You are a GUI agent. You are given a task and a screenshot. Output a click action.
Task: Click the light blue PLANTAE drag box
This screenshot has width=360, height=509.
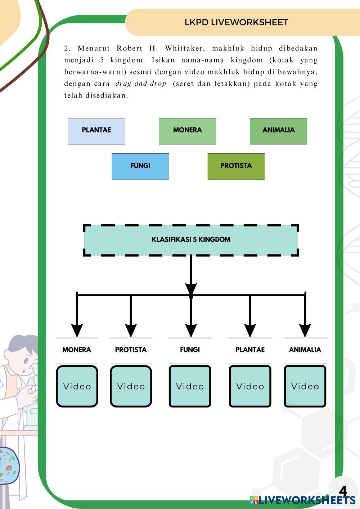[x=96, y=130]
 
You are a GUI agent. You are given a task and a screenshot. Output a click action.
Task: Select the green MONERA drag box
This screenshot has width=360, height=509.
[x=187, y=130]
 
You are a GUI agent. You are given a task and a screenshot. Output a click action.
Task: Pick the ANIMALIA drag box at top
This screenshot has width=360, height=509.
[x=278, y=130]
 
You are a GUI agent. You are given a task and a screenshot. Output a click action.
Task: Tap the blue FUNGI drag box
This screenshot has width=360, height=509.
[x=140, y=166]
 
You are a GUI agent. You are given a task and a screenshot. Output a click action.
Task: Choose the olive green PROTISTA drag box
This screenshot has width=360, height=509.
[x=236, y=166]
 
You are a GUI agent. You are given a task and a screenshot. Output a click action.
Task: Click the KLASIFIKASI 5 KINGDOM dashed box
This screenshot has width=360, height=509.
[x=191, y=240]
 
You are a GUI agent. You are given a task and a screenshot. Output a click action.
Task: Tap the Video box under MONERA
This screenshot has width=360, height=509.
[x=77, y=386]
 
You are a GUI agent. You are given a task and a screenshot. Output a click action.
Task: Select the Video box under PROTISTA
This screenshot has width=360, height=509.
[x=131, y=386]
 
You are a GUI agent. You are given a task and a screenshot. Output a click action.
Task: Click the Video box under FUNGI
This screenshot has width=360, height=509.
[x=190, y=386]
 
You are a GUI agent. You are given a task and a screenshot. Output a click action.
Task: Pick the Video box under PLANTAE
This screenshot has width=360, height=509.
[x=250, y=386]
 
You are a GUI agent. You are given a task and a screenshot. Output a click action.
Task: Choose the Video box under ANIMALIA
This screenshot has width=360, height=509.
[x=305, y=386]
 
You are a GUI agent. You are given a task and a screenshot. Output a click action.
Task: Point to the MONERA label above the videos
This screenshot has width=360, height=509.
[x=77, y=350]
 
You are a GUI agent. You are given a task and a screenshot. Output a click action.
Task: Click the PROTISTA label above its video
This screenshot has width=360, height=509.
[x=131, y=350]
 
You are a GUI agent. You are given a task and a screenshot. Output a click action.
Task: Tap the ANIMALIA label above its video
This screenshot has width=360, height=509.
[x=305, y=350]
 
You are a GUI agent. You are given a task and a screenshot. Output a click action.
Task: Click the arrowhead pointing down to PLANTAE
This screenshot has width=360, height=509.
[x=250, y=330]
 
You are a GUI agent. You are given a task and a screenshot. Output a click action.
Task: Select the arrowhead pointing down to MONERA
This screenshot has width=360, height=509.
[x=77, y=330]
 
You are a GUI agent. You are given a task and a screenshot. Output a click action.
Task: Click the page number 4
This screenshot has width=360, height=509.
[x=343, y=491]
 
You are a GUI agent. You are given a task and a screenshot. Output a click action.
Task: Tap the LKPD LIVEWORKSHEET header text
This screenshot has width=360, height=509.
[x=236, y=22]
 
